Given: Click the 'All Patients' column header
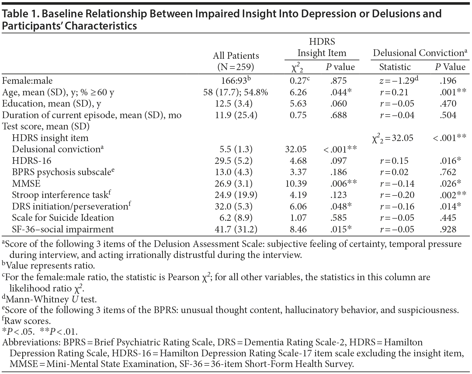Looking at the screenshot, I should click(236, 56).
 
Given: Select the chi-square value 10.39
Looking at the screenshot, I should click(296, 184).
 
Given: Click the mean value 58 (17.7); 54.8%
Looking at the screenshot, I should click(236, 92).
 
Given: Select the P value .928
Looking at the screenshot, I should click(448, 229).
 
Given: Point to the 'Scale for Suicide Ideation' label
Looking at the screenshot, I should click(63, 218).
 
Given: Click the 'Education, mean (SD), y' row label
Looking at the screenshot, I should click(51, 104).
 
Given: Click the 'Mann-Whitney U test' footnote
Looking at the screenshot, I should click(50, 299).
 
